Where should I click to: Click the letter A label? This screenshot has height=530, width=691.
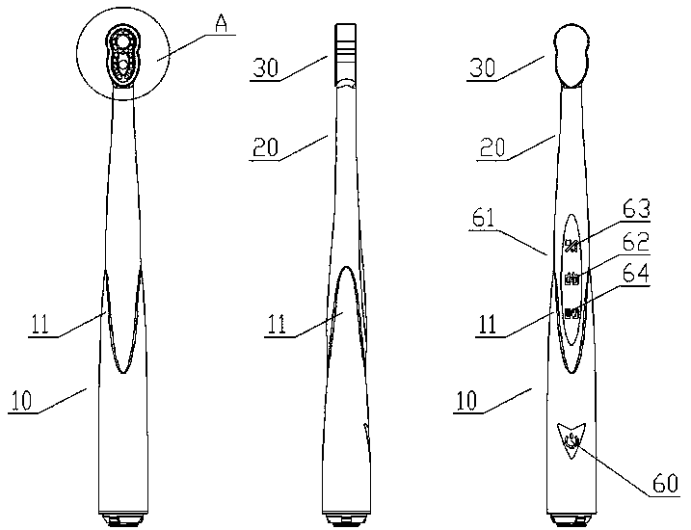click(222, 26)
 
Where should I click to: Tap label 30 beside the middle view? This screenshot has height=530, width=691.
click(266, 68)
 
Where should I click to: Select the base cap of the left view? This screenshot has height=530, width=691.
click(123, 519)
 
